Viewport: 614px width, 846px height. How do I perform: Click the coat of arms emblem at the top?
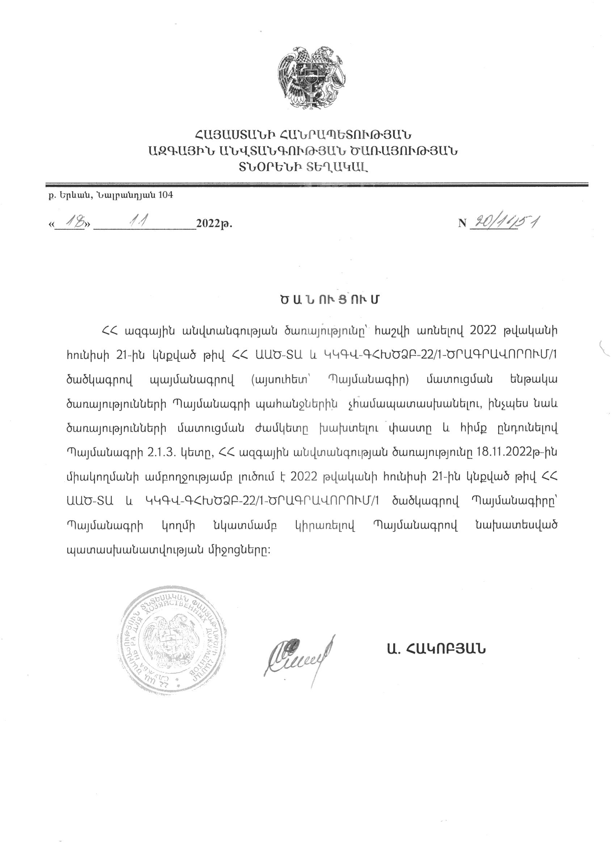pos(311,78)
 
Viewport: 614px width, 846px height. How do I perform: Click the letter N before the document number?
pos(462,223)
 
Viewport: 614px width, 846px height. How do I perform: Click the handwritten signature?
pos(299,658)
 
